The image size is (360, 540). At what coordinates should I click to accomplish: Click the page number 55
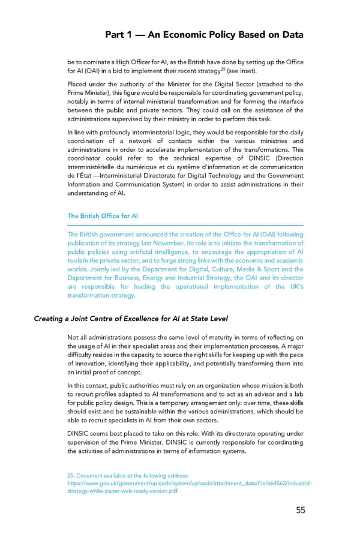(x=300, y=510)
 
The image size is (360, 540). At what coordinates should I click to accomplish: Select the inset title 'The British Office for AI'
(x=103, y=216)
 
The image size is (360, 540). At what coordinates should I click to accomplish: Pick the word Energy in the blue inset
(x=191, y=278)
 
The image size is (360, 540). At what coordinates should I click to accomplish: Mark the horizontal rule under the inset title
(x=185, y=226)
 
